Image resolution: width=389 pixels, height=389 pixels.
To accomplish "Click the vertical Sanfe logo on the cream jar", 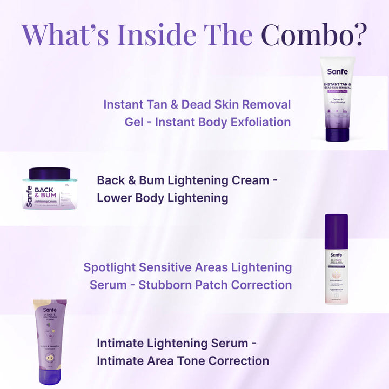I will click(29, 197).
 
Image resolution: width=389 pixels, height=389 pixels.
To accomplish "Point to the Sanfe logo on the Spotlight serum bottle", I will click(336, 254).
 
